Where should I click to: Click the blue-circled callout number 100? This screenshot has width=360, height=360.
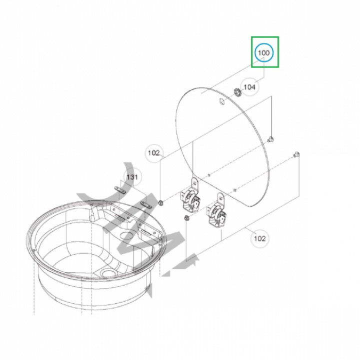264,53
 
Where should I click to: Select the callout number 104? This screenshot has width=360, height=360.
249,87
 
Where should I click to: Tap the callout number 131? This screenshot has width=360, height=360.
132,177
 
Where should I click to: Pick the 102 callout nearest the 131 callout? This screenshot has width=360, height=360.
154,153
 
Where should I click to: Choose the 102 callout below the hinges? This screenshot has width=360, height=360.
260,238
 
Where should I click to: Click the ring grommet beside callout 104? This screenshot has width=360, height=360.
238,92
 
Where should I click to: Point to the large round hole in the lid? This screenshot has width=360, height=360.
222,101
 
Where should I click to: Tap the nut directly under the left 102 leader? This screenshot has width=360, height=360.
160,202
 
